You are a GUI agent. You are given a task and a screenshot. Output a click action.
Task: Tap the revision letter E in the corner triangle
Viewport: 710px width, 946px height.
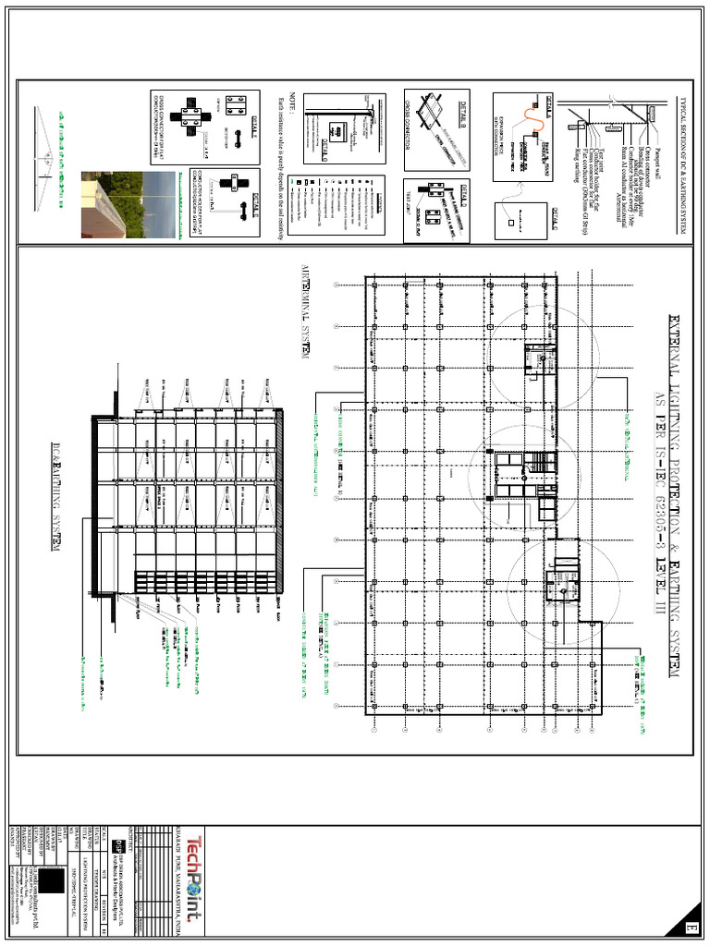[689, 927]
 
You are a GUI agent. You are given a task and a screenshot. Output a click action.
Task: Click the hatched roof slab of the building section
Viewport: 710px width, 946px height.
[279, 508]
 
